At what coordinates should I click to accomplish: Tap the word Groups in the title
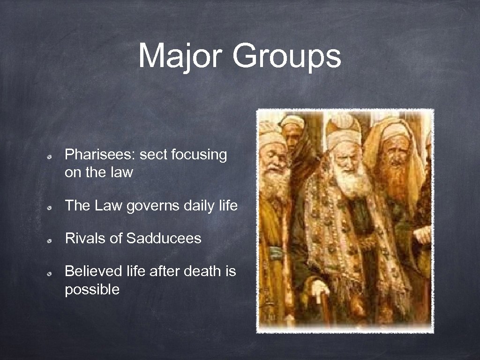click(286, 56)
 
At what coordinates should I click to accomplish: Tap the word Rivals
click(82, 238)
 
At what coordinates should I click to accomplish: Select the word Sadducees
click(164, 238)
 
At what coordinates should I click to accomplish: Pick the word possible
click(92, 290)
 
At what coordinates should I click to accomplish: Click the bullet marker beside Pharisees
click(49, 156)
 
